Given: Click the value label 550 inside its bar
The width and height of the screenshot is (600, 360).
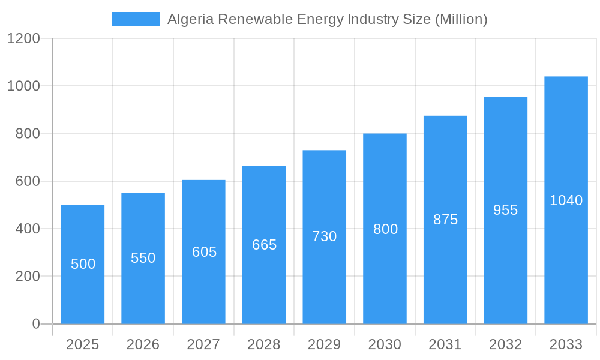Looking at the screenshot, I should click(143, 258).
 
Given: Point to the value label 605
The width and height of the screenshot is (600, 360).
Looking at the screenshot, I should click(204, 252).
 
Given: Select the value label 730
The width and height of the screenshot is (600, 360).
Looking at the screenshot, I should click(325, 236).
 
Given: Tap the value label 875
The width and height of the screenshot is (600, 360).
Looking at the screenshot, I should click(445, 220).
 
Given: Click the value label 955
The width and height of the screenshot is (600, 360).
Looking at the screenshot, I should click(506, 210).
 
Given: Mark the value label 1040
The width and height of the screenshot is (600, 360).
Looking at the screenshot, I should click(566, 200).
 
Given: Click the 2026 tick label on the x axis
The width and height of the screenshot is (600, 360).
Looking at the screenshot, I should click(143, 344).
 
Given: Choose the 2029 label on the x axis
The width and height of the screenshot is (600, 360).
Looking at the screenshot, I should click(325, 344).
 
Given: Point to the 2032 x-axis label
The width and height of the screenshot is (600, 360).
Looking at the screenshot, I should click(506, 344).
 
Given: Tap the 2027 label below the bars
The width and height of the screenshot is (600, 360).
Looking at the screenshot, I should click(204, 344).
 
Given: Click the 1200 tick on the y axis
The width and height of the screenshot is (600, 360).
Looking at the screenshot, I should click(23, 39).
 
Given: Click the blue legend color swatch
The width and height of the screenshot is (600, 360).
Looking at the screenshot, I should click(136, 19).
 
